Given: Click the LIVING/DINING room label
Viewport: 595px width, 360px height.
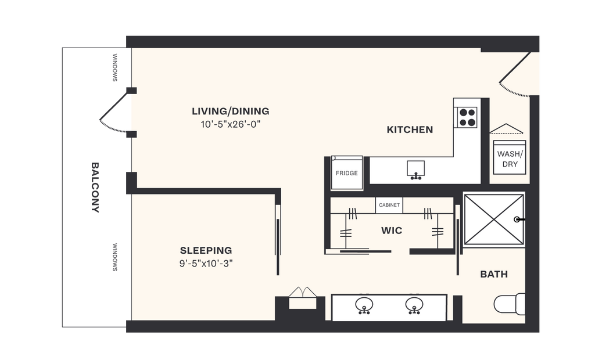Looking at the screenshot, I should pyautogui.click(x=231, y=111).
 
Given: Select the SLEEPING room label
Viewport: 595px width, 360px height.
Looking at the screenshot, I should pyautogui.click(x=206, y=251).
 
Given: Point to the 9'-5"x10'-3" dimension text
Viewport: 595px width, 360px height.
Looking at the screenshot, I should pyautogui.click(x=206, y=263).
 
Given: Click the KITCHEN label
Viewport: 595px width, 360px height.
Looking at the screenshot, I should pyautogui.click(x=410, y=130).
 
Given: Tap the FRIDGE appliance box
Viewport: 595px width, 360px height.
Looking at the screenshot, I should pyautogui.click(x=347, y=173).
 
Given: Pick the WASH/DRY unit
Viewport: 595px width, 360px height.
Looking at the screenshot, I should pyautogui.click(x=510, y=159).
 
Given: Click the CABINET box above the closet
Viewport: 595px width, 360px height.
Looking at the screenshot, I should pyautogui.click(x=389, y=206).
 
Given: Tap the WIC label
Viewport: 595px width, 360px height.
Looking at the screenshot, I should pyautogui.click(x=391, y=231).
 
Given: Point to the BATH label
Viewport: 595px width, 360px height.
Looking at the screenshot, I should pyautogui.click(x=494, y=274).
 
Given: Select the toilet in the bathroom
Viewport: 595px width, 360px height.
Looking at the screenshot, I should pyautogui.click(x=510, y=304).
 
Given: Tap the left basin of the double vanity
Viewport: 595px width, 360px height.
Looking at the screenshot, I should pyautogui.click(x=364, y=305).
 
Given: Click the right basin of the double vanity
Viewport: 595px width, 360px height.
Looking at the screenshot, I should pyautogui.click(x=414, y=305).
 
